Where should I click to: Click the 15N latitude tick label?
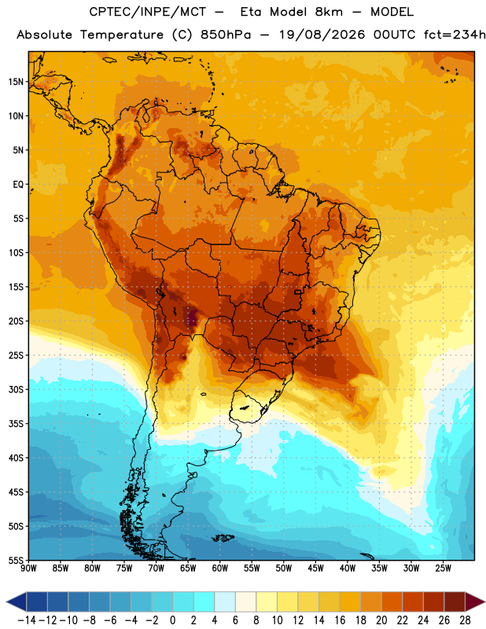point(16,82)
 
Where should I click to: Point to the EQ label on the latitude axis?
point(18,185)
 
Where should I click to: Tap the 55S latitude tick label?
point(16,561)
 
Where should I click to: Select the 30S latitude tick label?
point(16,389)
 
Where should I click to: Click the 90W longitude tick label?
point(28,568)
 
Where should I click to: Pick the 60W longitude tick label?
point(220,568)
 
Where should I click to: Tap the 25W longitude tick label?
point(443,568)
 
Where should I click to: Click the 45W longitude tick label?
point(315,568)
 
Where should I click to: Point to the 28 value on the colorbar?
point(465,620)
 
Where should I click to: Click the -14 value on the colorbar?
point(27,620)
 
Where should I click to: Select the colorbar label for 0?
point(172,620)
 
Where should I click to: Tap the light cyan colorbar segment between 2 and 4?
point(204,601)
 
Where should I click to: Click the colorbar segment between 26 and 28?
point(455,601)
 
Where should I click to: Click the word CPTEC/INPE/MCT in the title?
point(147,12)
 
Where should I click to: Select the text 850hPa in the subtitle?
point(226,35)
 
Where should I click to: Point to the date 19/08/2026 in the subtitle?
point(322,35)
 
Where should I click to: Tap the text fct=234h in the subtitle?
point(455,35)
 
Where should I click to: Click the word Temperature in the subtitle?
point(122,35)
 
